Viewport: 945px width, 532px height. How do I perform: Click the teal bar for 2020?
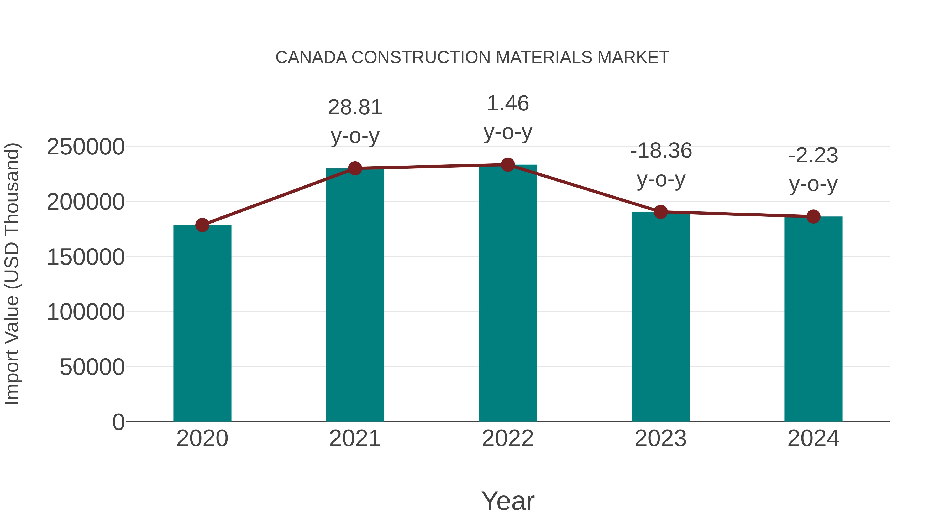coord(202,323)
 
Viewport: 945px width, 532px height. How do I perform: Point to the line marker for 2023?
coord(661,212)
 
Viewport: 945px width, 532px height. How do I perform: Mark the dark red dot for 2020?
coord(202,225)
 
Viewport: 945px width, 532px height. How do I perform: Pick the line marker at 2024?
coord(813,217)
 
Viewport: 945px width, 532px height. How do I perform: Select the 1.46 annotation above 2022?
coord(508,104)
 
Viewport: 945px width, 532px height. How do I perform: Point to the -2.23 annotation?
coord(813,156)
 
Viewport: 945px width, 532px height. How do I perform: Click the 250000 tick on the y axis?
coord(86,147)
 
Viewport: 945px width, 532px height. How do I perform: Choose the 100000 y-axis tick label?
coord(86,312)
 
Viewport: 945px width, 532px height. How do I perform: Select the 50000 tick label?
coord(92,367)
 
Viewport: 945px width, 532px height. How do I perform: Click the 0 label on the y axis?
coord(118,422)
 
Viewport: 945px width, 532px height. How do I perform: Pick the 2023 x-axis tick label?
coord(661,438)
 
